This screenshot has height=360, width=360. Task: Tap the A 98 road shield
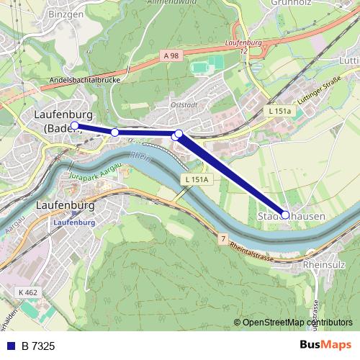(x=170, y=55)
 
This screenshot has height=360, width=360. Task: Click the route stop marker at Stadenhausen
(x=285, y=215)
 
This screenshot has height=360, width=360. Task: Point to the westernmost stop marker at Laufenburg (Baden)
(x=75, y=125)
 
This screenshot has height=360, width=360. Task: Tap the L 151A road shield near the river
(x=195, y=179)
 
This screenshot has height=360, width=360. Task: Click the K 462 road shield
(x=27, y=292)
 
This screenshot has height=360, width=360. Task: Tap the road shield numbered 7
(x=224, y=237)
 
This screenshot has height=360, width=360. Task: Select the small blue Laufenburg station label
(x=74, y=222)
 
